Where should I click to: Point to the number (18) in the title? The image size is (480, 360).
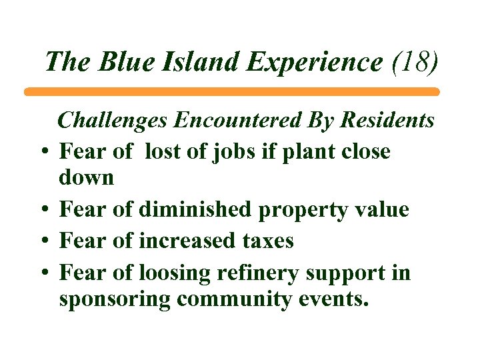tap(415, 61)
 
